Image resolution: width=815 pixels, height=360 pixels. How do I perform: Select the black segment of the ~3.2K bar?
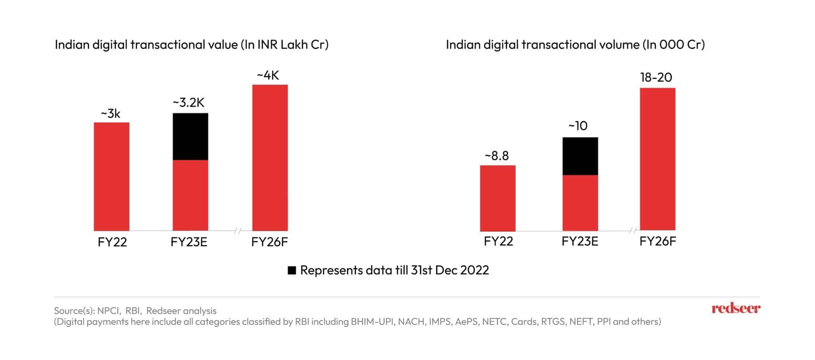190,136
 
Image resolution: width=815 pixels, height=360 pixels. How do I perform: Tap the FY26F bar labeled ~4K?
270,158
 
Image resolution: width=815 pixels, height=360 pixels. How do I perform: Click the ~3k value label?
110,114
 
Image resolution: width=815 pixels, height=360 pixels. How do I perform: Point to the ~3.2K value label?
188,103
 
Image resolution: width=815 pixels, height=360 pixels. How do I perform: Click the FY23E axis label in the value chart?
189,242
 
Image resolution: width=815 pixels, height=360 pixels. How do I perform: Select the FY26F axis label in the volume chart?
657,241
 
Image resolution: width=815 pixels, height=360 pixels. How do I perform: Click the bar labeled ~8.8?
497,198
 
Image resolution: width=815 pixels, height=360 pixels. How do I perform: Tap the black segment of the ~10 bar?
580,156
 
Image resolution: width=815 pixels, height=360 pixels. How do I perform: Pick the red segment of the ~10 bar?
580,202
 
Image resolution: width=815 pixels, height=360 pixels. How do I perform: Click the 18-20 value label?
656,77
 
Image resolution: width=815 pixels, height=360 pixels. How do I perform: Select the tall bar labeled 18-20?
657,159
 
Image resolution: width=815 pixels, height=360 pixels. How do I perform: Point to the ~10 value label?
578,126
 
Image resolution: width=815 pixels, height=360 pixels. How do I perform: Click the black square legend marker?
292,270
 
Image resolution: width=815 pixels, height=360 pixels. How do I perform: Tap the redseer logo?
735,308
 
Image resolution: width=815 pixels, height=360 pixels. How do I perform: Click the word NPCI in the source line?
109,311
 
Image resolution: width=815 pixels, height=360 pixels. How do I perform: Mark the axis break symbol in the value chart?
238,230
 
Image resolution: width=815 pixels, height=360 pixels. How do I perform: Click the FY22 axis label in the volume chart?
498,241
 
